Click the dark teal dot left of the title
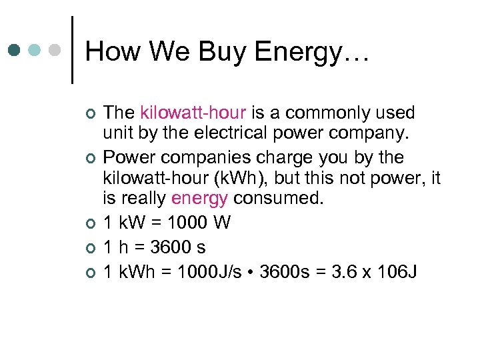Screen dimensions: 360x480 [x=14, y=50]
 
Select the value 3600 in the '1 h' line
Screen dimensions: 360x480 [x=170, y=247]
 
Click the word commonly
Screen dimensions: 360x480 [x=343, y=113]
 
